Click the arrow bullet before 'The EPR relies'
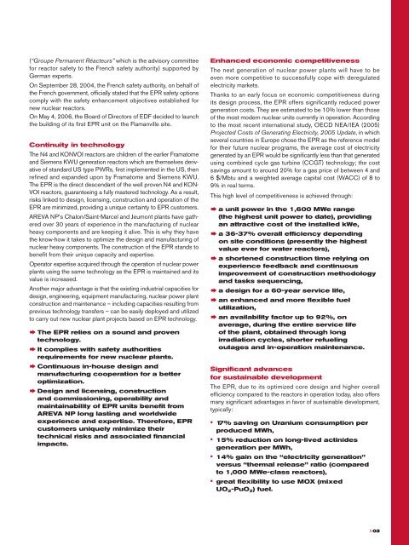[34, 330]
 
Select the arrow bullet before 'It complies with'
[34, 349]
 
